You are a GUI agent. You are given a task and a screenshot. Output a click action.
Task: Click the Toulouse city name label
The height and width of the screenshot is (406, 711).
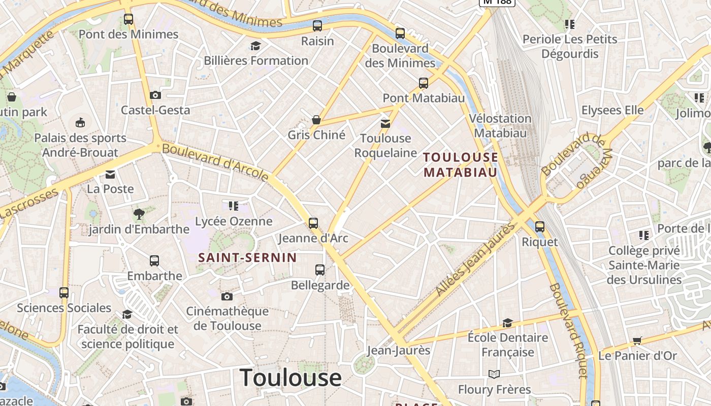click(290, 378)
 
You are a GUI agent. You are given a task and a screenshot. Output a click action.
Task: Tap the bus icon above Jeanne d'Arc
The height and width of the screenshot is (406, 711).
click(313, 223)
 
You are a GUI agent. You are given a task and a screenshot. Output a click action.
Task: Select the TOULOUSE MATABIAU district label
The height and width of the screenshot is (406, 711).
click(461, 164)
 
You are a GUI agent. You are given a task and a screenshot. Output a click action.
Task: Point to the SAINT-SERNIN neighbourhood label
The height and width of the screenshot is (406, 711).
click(247, 257)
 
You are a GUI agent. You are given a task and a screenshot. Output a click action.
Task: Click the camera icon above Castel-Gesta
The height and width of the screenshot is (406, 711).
click(155, 95)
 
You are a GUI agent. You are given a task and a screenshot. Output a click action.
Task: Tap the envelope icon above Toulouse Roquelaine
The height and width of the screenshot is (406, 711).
click(385, 123)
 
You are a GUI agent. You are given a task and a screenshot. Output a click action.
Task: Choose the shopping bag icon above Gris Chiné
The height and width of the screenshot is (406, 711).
click(316, 120)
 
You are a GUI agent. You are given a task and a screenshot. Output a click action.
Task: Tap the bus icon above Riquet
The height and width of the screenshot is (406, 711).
click(540, 227)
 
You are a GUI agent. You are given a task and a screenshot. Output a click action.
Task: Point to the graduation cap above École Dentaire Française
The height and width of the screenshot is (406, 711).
click(507, 323)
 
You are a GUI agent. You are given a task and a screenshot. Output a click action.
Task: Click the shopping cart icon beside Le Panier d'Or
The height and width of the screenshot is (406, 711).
click(637, 341)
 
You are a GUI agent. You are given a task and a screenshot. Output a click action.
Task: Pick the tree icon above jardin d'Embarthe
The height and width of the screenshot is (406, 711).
click(139, 214)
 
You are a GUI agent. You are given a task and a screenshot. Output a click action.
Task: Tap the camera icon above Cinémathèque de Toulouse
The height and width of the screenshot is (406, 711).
click(227, 296)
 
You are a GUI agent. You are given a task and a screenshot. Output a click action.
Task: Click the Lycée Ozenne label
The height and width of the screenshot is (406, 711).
click(234, 221)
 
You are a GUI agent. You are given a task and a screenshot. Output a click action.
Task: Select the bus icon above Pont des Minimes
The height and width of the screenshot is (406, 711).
click(128, 19)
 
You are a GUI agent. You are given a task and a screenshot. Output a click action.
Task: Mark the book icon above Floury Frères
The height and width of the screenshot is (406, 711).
click(494, 375)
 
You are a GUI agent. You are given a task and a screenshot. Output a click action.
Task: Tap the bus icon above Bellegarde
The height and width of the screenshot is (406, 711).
click(320, 270)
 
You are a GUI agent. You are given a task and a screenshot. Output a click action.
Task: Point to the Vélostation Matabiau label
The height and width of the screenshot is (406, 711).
click(500, 125)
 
